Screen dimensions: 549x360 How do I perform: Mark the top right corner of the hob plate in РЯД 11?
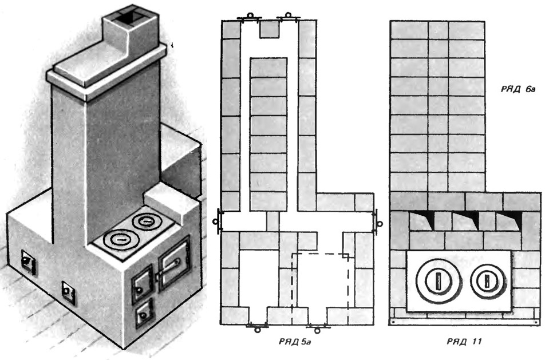click(512, 251)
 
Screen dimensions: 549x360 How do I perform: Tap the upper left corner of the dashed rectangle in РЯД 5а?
click(293, 254)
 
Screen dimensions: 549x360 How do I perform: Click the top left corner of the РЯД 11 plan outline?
click(391, 21)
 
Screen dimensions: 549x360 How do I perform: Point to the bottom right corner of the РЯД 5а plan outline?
click(373, 325)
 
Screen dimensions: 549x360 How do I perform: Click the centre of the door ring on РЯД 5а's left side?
click(215, 221)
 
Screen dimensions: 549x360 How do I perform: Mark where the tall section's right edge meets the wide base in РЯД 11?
click(485, 192)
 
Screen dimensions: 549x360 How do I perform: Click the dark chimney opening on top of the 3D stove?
click(127, 16)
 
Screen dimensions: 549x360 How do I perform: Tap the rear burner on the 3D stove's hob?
click(145, 220)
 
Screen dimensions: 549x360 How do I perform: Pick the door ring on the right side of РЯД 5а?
click(380, 223)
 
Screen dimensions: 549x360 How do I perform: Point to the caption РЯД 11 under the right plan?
click(464, 342)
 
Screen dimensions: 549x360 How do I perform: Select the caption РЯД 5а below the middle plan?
click(295, 342)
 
